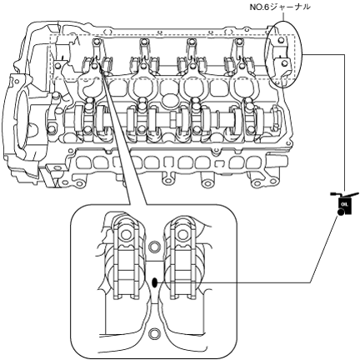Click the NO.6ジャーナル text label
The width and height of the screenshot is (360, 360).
280,7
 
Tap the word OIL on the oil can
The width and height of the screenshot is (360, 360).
345,204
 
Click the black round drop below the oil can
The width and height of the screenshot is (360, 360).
340,212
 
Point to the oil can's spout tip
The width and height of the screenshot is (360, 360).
358,192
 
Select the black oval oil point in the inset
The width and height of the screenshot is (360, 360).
154,282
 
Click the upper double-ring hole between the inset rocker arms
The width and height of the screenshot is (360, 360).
154,247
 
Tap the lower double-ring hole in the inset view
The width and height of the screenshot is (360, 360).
154,333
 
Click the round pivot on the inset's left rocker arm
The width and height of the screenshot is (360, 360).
125,235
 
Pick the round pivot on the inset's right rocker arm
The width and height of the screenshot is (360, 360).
182,235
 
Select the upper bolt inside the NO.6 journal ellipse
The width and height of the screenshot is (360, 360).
280,41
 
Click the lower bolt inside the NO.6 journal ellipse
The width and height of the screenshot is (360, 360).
284,63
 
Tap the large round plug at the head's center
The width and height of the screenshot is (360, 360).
169,100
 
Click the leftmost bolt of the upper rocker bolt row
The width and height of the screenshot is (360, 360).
96,42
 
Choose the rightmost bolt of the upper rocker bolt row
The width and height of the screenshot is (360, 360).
238,42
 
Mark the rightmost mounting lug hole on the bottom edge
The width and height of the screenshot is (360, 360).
258,182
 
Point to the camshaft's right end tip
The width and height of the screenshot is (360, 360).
282,118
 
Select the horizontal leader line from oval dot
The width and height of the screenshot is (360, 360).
233,282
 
